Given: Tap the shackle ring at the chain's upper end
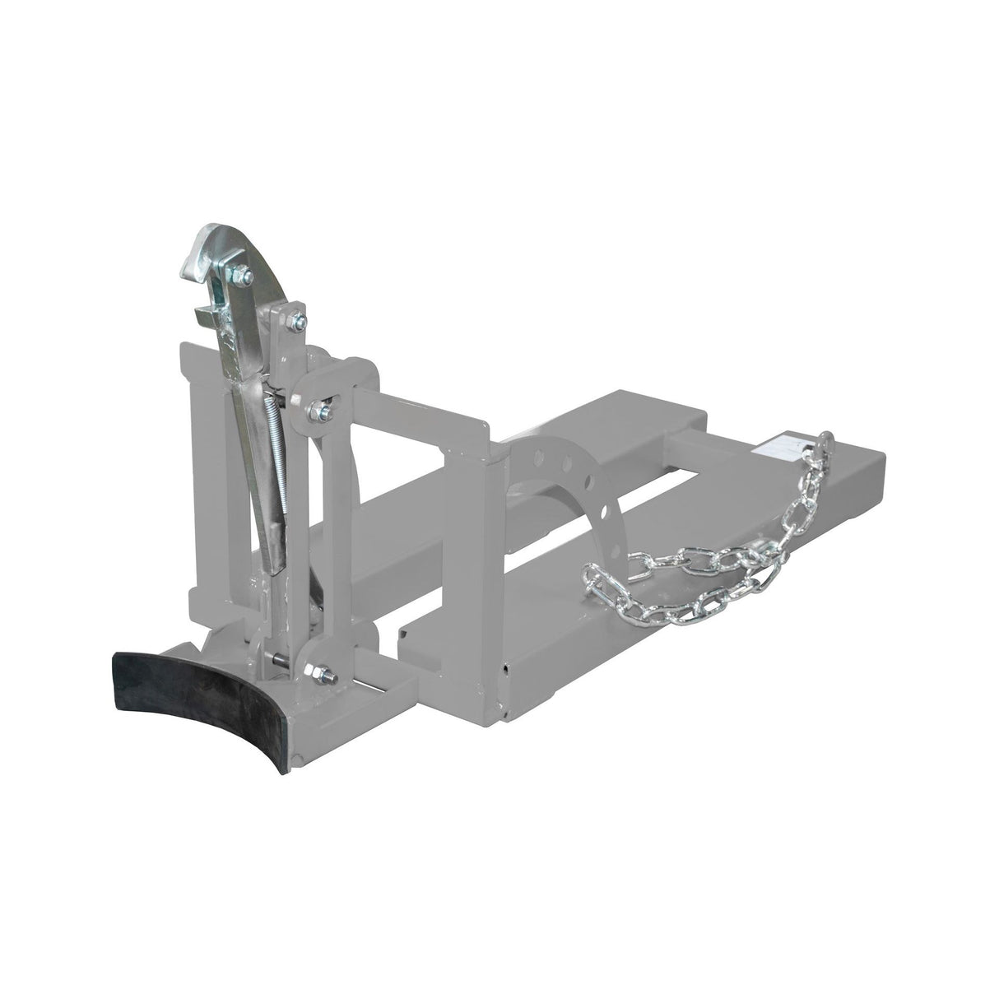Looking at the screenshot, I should coord(824,445).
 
